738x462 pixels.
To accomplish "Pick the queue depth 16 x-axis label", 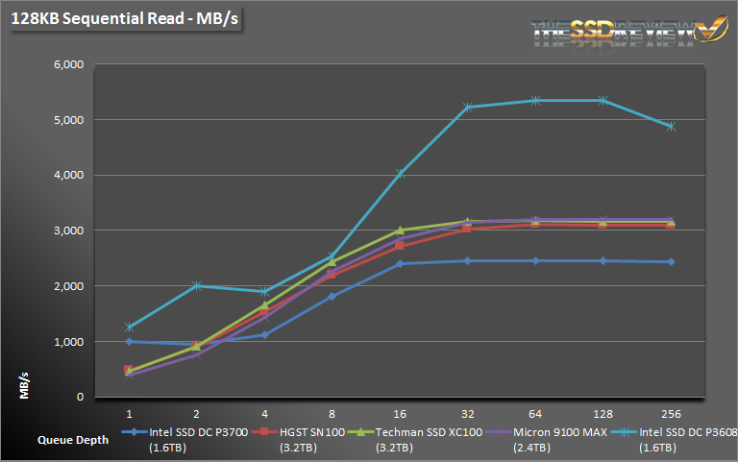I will point(400,413).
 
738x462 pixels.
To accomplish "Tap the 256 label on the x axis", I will point(671,413).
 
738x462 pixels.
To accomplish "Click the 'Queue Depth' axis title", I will point(73,440).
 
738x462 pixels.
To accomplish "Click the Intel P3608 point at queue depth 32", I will point(468,108).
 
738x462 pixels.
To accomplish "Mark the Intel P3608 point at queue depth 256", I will point(671,126).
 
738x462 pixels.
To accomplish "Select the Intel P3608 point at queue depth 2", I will point(197,285).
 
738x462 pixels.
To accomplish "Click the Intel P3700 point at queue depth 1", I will point(129,341).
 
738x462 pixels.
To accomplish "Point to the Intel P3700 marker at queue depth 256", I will point(671,261).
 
